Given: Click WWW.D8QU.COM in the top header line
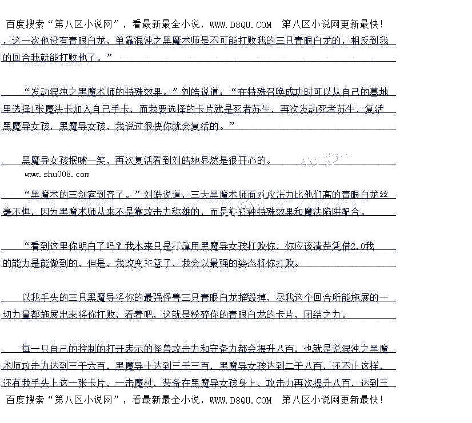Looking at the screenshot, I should [241, 25].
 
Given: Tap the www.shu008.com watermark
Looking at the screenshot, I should [57, 174].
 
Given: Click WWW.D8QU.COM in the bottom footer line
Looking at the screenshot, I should [241, 400].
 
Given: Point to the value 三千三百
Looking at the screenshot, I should [192, 366].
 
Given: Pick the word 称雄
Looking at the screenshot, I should [182, 212].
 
